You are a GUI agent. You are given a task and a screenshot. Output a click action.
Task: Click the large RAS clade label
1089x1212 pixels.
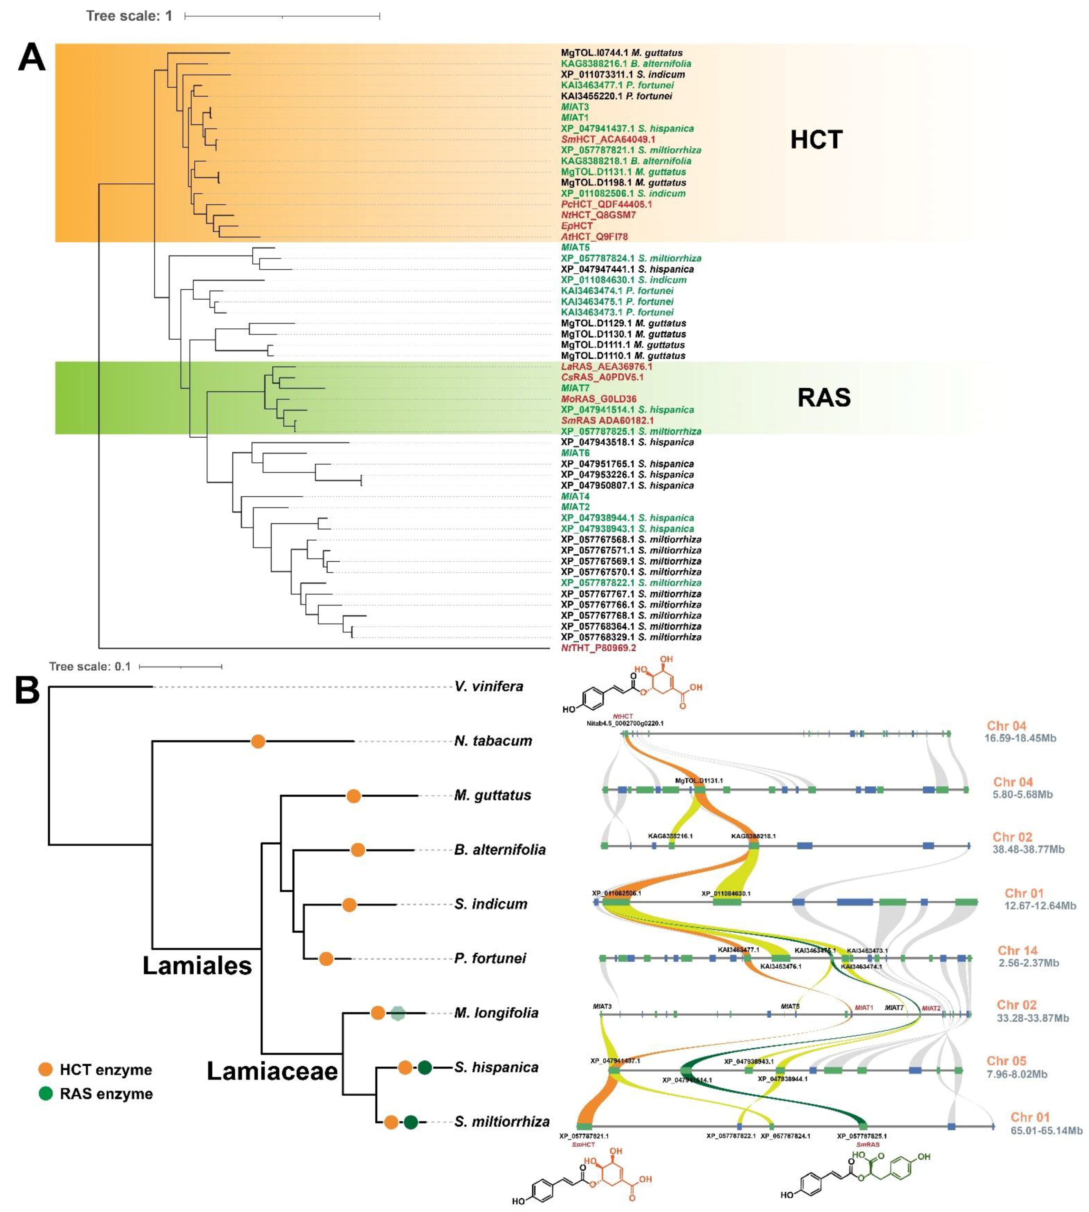point(823,397)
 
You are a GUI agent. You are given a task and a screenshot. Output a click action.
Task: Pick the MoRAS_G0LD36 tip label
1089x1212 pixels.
point(598,399)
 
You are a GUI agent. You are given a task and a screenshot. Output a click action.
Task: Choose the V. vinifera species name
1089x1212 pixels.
point(488,686)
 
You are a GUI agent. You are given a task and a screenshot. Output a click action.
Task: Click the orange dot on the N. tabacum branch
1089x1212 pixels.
point(258,741)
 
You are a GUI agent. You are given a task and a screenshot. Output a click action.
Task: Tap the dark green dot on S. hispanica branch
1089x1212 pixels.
point(425,1067)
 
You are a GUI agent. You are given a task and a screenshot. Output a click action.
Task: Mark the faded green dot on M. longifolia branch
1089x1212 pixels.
point(398,1013)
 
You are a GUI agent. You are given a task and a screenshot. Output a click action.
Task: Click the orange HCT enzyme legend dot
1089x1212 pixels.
point(46,1070)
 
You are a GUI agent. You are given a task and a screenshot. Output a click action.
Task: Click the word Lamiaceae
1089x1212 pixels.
point(272,1071)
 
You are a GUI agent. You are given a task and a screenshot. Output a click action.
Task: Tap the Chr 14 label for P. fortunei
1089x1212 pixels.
point(1017,951)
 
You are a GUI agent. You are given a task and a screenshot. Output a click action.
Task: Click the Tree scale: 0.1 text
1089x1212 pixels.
point(90,667)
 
